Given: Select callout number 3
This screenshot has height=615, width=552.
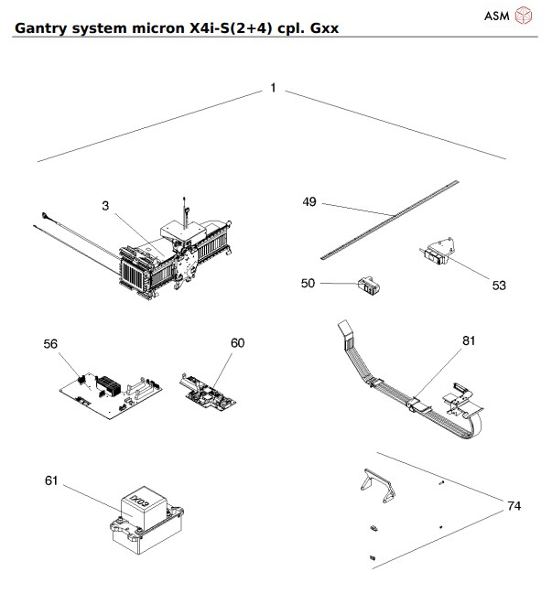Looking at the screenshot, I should click(105, 207).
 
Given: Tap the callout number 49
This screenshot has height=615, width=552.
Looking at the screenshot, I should click(309, 201).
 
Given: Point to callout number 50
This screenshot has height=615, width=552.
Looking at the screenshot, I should click(308, 284).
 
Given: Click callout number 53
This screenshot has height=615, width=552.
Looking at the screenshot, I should click(499, 286).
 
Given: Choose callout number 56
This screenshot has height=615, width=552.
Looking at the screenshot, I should click(50, 343).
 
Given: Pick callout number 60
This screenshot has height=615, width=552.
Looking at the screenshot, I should click(237, 343).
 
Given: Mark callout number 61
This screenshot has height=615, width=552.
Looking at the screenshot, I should click(50, 480).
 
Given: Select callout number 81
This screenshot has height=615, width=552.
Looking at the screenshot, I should click(469, 341).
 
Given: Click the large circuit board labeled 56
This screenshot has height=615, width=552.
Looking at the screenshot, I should click(110, 389).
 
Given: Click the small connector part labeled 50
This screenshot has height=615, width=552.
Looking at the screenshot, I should click(368, 286).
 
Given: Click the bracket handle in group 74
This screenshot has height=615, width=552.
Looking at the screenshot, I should click(379, 484).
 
